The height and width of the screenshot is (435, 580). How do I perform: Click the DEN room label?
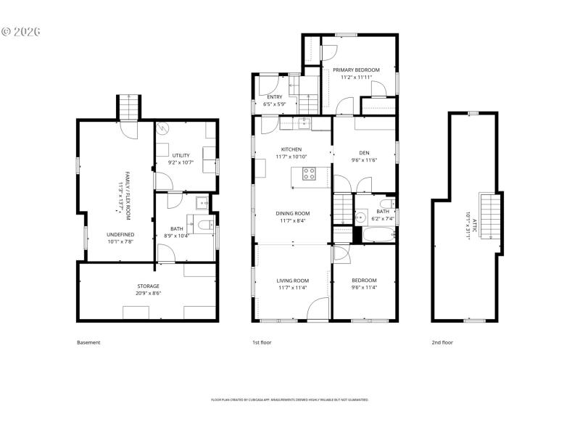pos(365,152)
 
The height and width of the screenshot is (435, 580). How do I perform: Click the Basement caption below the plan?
pos(88,342)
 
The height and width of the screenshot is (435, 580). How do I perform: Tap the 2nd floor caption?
pos(442,342)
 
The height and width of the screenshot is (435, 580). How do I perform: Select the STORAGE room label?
pos(148,286)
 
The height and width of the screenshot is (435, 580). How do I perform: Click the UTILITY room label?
pos(180,155)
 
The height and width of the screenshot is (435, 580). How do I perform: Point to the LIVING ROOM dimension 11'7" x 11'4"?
pos(292,288)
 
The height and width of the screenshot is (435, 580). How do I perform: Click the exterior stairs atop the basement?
pos(128,107)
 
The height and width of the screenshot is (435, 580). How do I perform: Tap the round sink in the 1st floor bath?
pos(360,217)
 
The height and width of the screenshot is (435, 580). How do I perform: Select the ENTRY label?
pos(275,96)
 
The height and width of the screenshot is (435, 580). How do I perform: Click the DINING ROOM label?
pos(292,213)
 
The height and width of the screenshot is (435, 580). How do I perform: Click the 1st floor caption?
pos(261,342)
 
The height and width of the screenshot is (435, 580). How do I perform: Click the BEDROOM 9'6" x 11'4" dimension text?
pos(364,288)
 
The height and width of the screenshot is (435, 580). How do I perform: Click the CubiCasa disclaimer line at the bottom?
pos(290,399)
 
